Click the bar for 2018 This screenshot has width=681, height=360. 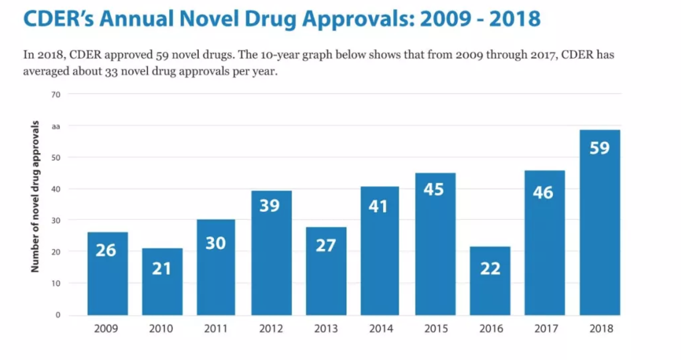599,223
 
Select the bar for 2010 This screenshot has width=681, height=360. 161,282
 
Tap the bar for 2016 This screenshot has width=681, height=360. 490,281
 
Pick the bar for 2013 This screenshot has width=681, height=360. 326,271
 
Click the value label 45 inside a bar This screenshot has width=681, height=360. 434,190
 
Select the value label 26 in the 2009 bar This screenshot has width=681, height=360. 106,250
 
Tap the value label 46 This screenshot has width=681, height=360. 543,192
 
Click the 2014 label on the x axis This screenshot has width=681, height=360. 381,329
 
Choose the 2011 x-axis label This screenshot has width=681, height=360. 216,329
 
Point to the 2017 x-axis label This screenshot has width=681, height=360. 546,329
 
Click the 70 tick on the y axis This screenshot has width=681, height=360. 56,95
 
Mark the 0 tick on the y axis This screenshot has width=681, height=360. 57,315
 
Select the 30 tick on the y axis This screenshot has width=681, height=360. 56,220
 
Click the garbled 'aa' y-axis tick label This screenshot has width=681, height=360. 56,127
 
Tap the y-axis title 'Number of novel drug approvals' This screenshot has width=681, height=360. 36,196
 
